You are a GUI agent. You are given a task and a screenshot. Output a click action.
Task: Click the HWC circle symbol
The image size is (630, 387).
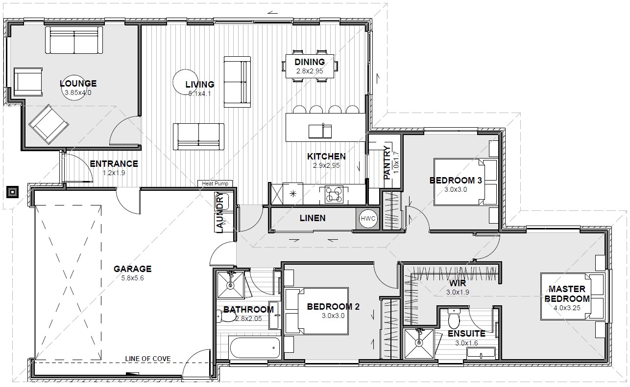click(x=368, y=218)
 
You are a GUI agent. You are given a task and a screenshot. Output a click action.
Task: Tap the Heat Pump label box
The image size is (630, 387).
click(x=215, y=183)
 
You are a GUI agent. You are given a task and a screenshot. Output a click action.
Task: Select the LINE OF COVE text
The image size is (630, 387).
click(x=147, y=359)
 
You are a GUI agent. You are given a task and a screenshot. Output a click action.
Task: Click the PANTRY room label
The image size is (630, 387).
click(x=388, y=162)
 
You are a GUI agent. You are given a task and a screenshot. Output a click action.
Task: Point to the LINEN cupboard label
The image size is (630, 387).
click(x=313, y=218)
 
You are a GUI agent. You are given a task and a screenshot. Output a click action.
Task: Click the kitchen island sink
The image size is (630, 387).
click(x=320, y=132)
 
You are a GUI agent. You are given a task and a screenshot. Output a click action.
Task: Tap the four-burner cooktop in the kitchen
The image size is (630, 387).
click(x=334, y=194)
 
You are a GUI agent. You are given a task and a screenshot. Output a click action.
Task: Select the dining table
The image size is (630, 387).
click(x=310, y=66)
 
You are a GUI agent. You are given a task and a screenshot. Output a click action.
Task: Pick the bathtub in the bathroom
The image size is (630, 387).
click(x=255, y=347)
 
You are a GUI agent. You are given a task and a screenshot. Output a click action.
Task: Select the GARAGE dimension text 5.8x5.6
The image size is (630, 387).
click(x=132, y=278)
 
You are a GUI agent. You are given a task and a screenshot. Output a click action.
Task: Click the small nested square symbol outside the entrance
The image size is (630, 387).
click(x=13, y=192)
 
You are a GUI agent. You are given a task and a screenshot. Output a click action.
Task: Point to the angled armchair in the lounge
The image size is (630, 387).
click(x=48, y=124)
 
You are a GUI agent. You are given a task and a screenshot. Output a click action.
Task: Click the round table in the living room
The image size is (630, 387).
click(x=185, y=82)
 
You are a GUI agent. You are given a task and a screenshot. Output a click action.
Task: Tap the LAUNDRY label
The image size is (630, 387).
click(x=220, y=212)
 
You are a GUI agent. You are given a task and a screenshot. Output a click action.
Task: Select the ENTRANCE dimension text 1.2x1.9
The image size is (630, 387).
click(x=114, y=173)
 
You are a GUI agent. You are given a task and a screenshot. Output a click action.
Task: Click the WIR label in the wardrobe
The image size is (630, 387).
click(x=458, y=283)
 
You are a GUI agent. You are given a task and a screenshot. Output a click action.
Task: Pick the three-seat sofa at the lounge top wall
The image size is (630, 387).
click(x=74, y=40)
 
